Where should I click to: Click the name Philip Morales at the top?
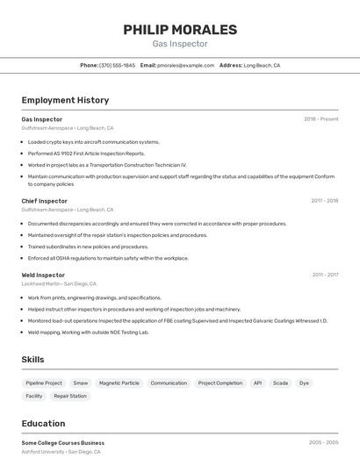click(x=180, y=30)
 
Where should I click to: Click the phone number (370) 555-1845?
click(x=117, y=66)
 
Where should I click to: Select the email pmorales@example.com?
click(x=185, y=66)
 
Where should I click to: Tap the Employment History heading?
click(x=65, y=100)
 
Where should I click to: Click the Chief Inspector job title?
click(x=44, y=201)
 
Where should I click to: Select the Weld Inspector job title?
click(x=43, y=275)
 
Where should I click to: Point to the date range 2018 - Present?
click(x=320, y=119)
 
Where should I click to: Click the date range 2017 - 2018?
click(x=324, y=201)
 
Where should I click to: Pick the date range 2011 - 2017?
click(x=325, y=275)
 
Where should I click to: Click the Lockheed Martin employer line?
click(x=59, y=284)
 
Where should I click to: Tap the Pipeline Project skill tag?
click(x=44, y=383)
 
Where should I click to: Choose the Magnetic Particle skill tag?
click(x=119, y=383)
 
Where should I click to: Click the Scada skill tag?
click(x=280, y=383)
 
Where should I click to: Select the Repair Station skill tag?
click(x=70, y=397)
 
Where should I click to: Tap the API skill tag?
click(x=257, y=383)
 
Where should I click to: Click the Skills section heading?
click(x=32, y=360)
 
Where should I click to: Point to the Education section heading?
click(x=43, y=424)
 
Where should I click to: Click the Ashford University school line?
click(x=61, y=452)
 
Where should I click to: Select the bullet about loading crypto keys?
click(x=93, y=141)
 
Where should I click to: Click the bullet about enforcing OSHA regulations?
click(x=108, y=258)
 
